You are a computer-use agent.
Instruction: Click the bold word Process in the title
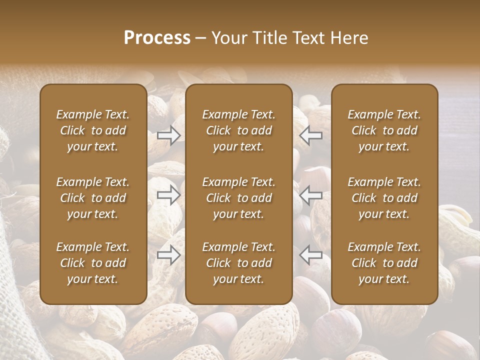[157, 38]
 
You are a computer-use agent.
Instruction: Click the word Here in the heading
[348, 38]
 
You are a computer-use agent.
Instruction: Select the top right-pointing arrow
[169, 135]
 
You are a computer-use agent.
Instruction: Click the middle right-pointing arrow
[169, 195]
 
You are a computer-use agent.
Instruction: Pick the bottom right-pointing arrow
[169, 255]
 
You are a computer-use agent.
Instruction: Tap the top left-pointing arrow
[310, 135]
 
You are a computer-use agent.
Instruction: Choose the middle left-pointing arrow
[310, 195]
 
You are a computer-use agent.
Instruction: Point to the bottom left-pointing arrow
[310, 255]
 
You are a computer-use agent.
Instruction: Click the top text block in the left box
[93, 130]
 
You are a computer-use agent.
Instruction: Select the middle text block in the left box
[93, 198]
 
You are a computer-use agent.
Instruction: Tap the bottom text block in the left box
[93, 263]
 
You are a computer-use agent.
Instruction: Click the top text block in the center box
[238, 130]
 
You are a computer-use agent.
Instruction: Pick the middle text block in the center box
[238, 198]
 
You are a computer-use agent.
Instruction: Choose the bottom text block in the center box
[238, 263]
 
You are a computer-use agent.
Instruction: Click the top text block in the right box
[384, 130]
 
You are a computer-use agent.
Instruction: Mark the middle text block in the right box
[384, 198]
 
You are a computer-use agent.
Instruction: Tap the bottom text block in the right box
[384, 263]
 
